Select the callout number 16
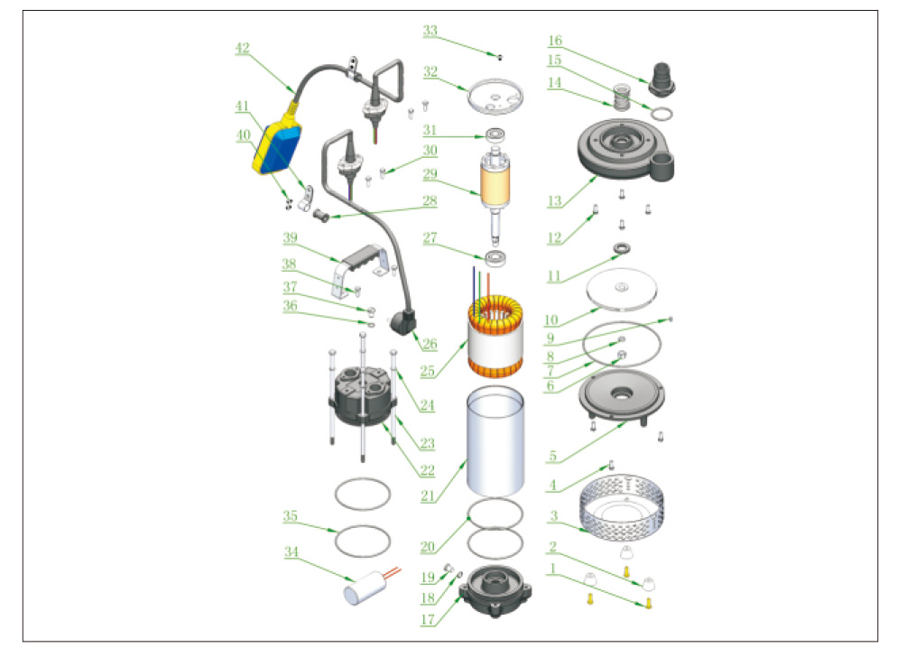[555, 41]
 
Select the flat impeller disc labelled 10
[622, 291]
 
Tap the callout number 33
[430, 31]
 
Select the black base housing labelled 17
[495, 591]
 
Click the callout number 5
[553, 457]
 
